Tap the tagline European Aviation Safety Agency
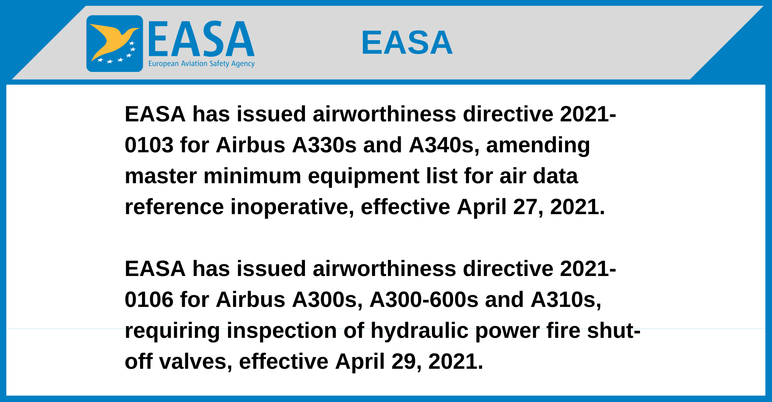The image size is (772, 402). (201, 64)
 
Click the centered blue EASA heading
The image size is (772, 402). (407, 43)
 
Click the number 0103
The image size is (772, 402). (149, 145)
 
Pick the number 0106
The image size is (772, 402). (149, 300)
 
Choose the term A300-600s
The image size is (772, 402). (424, 300)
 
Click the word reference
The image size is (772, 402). (174, 207)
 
